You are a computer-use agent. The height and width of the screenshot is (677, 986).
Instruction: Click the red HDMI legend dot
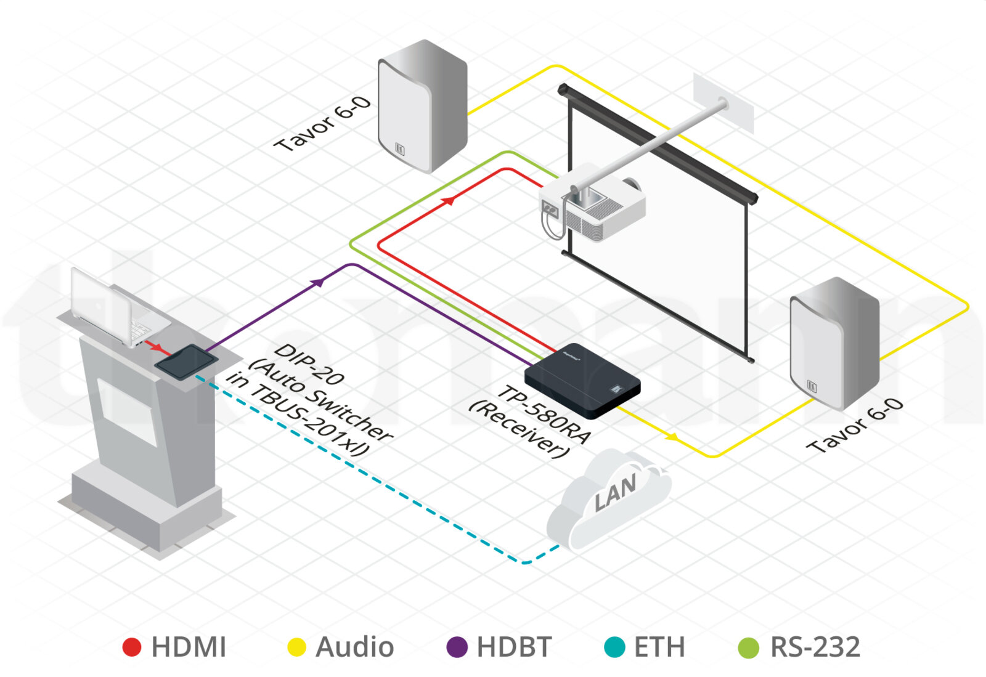(132, 647)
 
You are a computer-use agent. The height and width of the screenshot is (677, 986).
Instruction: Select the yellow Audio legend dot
(296, 647)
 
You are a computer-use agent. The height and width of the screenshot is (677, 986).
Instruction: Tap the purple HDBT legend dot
(457, 647)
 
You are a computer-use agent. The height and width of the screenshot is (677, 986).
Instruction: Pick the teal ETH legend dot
(615, 647)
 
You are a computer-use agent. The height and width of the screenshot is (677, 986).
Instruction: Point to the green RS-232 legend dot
(749, 647)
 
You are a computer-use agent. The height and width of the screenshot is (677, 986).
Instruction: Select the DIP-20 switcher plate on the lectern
(186, 362)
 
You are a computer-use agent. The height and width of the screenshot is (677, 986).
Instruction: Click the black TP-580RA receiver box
(582, 381)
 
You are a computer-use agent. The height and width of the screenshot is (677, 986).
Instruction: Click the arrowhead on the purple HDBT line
(318, 282)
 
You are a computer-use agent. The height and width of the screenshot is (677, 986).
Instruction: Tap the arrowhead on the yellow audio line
(672, 437)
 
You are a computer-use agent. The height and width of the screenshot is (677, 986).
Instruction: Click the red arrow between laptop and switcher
(158, 347)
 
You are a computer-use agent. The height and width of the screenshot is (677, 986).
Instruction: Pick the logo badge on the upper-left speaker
(400, 148)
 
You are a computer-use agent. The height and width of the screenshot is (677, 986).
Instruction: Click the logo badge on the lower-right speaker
(812, 386)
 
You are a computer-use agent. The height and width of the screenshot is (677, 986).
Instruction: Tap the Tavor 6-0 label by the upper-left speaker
(323, 124)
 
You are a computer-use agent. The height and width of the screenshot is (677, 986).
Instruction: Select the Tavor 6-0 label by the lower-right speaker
(855, 426)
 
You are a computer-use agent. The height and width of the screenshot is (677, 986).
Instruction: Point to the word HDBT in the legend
(514, 647)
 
